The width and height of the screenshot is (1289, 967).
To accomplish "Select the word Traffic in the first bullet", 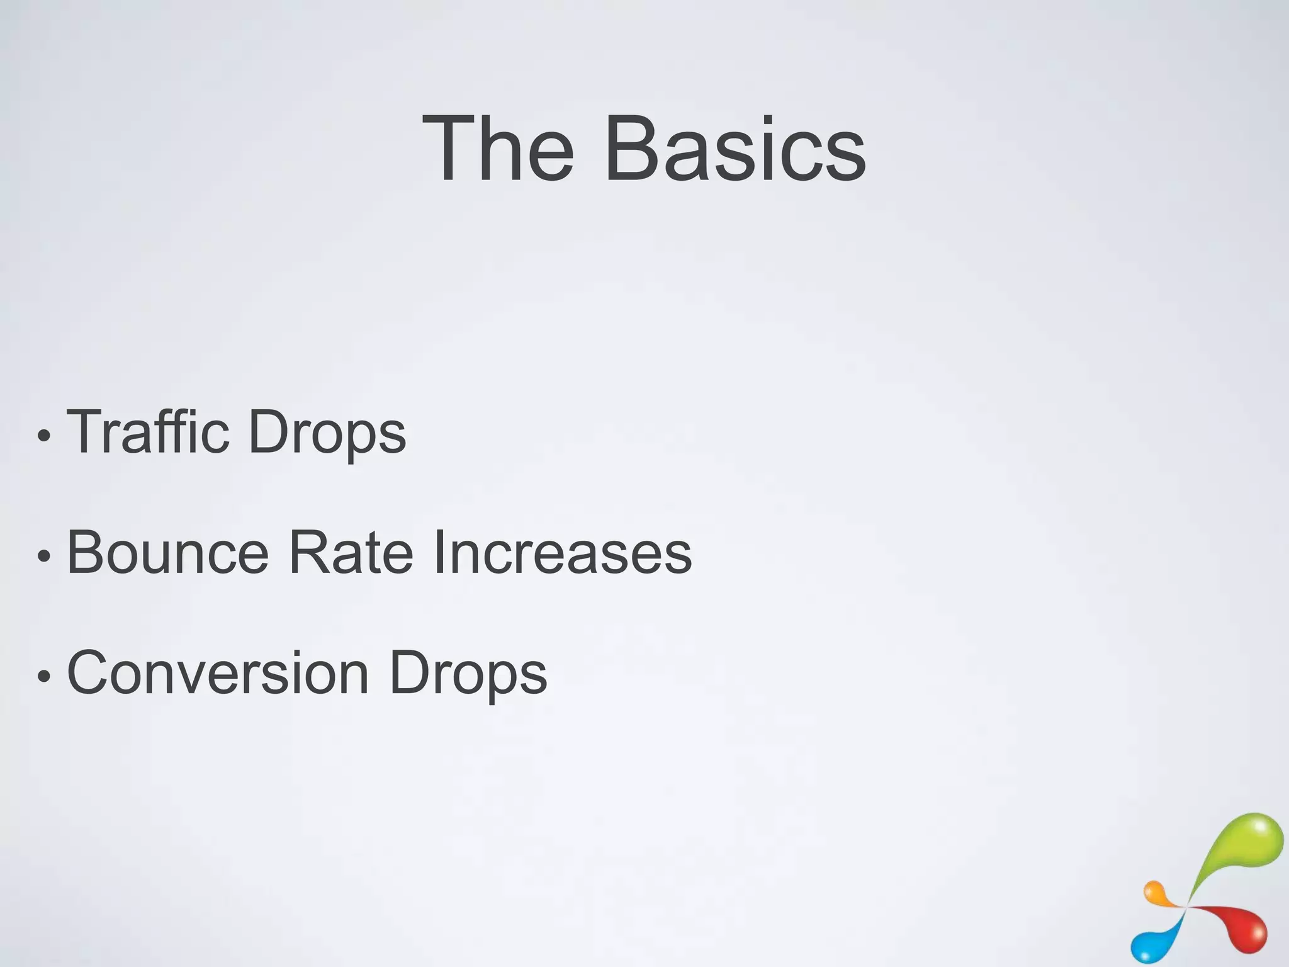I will [147, 432].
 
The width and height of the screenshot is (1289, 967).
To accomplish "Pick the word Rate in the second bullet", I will [351, 553].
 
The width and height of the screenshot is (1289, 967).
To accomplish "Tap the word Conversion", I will [218, 673].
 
